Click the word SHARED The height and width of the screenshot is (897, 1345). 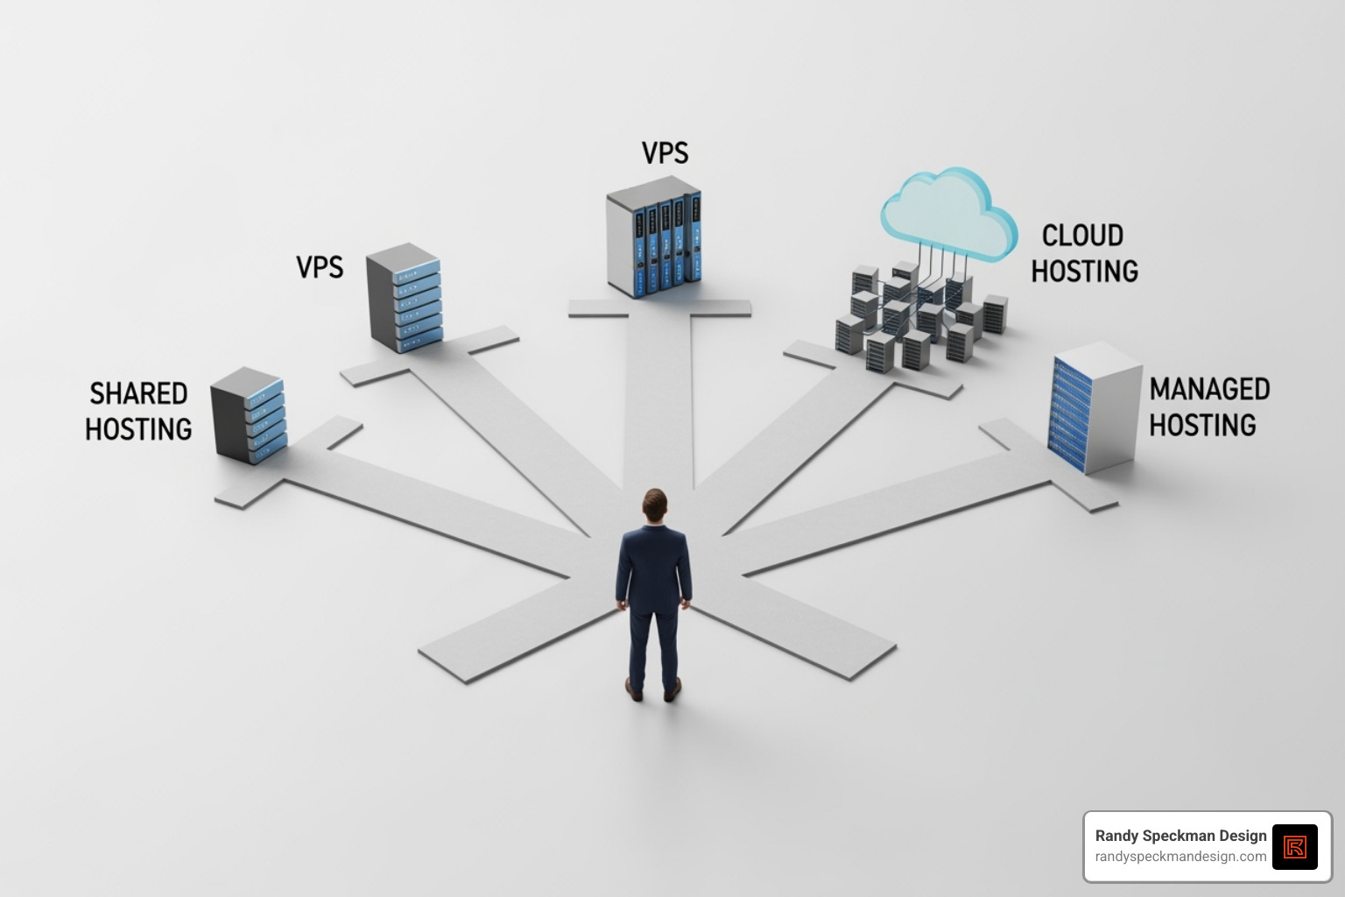coord(138,393)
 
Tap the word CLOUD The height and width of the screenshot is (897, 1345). coord(1082,236)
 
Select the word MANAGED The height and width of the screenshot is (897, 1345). coord(1209,389)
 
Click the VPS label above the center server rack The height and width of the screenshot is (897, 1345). coord(665,152)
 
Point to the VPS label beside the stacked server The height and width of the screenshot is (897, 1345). coord(320,266)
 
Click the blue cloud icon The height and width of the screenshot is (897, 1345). coord(947,212)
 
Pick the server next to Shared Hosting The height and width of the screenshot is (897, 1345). coord(248,415)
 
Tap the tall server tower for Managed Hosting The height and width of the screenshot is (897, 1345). coord(1095,406)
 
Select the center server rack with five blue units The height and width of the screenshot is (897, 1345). coord(654,238)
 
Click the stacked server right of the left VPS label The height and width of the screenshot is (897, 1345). coord(404,298)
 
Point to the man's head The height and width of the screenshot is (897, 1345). coord(654,505)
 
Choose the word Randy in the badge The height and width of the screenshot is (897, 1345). coord(1117,836)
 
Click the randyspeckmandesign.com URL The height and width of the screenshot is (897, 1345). coord(1180,857)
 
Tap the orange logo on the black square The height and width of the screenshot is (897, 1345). coord(1294,846)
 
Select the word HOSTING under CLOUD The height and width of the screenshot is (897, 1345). coord(1084,272)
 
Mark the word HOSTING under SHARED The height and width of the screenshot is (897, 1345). coord(138,429)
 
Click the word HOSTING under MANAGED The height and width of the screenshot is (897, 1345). coord(1202,425)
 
